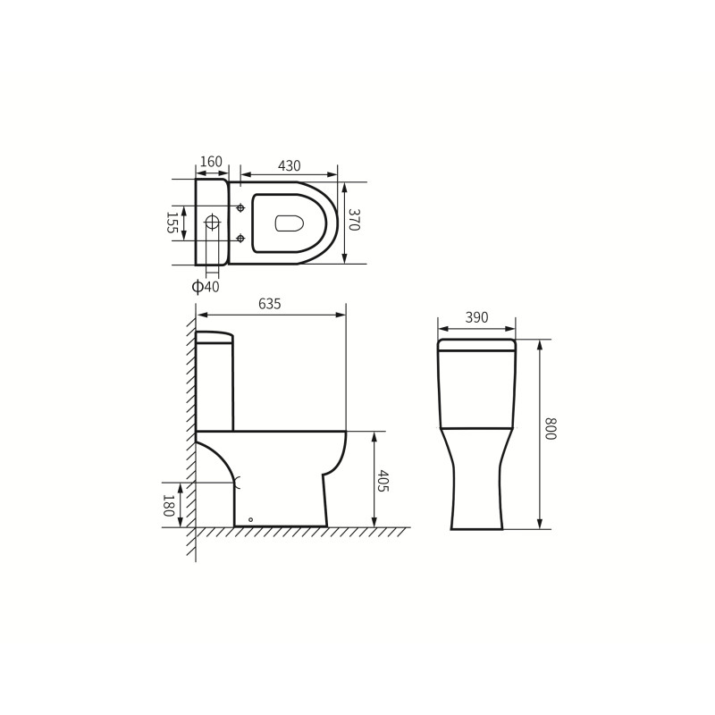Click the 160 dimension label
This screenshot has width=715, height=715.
211,162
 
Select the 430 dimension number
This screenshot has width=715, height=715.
289,165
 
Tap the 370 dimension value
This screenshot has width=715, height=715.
354,220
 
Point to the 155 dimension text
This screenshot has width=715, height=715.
172,223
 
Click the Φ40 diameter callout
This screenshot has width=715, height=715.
206,287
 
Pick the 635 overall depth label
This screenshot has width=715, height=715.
270,304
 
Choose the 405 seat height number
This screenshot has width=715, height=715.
383,481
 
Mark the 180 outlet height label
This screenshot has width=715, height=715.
168,505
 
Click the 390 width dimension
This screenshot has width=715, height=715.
476,317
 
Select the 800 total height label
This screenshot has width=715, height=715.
551,429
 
